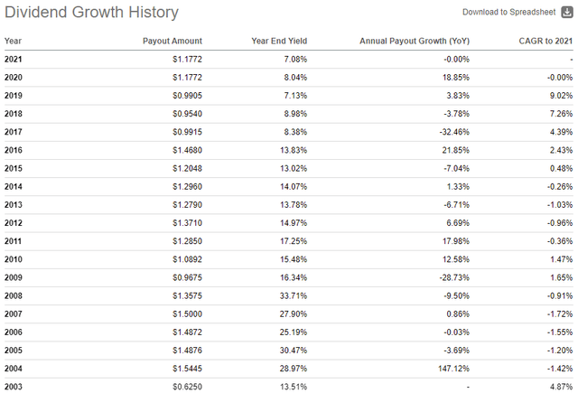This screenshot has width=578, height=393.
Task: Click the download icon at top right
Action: point(566,12)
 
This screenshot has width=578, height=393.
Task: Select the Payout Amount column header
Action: point(172,41)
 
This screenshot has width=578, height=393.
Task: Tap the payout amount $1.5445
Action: point(183,368)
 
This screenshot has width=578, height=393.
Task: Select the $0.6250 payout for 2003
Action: point(183,386)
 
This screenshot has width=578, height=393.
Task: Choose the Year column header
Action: point(13,41)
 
